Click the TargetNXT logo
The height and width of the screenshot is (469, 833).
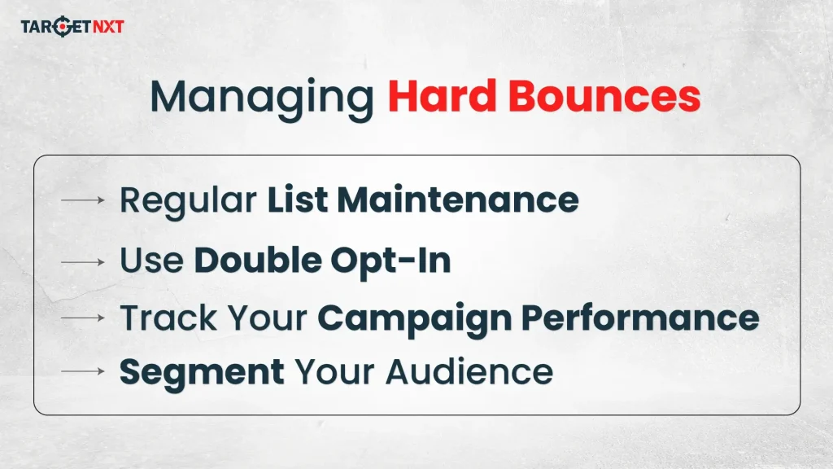pyautogui.click(x=72, y=27)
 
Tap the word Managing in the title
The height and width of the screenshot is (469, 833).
pyautogui.click(x=261, y=97)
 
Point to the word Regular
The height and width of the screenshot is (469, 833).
pyautogui.click(x=188, y=200)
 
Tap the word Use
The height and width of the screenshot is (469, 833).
pyautogui.click(x=151, y=261)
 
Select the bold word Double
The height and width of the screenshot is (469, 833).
pyautogui.click(x=255, y=261)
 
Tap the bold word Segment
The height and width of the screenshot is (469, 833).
pyautogui.click(x=202, y=371)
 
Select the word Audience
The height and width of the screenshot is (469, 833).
pyautogui.click(x=469, y=371)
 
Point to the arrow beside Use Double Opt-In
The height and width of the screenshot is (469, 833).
pyautogui.click(x=82, y=262)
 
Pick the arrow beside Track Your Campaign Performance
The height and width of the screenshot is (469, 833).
pyautogui.click(x=82, y=318)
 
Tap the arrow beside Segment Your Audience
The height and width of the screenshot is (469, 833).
pyautogui.click(x=82, y=371)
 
